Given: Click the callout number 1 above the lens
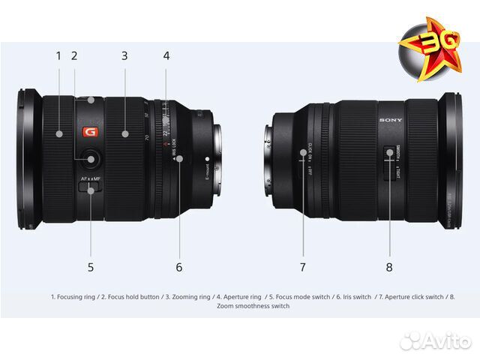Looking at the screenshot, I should click(58, 55).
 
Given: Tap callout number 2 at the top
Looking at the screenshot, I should click(74, 55).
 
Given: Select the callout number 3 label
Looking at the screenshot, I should click(124, 55).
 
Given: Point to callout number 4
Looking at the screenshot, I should click(166, 55).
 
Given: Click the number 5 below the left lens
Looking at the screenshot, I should click(91, 266).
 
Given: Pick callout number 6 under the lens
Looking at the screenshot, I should click(179, 266).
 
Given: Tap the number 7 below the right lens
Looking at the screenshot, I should click(303, 266).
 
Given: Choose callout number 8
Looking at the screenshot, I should click(389, 266).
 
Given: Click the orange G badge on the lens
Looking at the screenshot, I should click(91, 133).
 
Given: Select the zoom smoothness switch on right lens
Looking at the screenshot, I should click(390, 155).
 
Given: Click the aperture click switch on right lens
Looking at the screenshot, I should click(304, 153).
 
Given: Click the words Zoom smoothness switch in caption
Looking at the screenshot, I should click(253, 306).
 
